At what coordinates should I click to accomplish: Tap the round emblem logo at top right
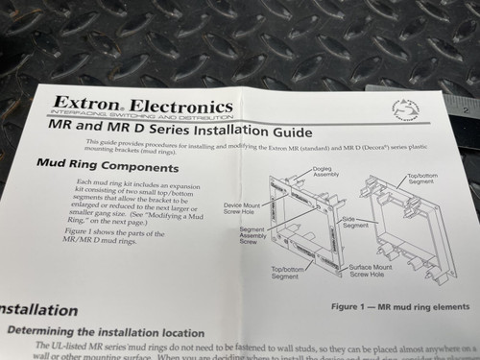405,110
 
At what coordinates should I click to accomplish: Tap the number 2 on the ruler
465,109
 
